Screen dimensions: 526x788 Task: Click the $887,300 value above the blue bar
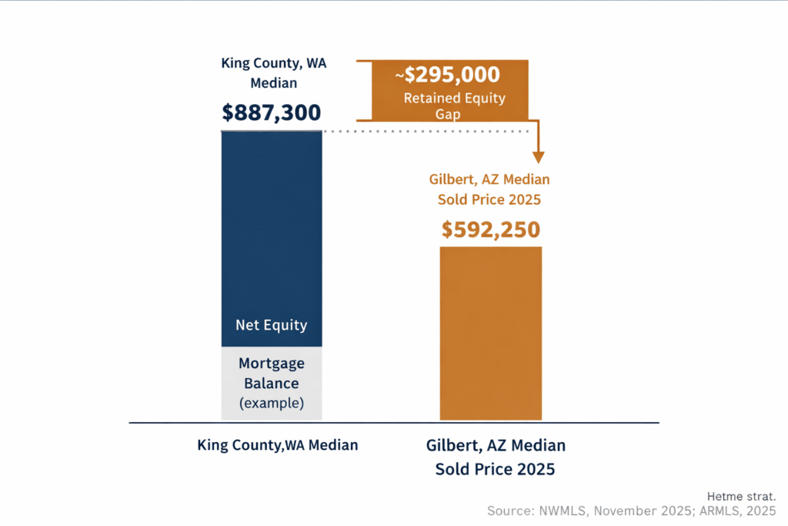click(x=271, y=112)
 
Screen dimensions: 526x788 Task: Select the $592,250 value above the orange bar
click(x=490, y=229)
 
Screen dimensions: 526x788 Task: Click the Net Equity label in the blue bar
click(x=271, y=324)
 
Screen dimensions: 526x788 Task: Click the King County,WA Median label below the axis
click(x=277, y=445)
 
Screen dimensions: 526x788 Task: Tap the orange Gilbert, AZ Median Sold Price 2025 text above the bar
click(x=489, y=189)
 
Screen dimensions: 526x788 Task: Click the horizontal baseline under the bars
click(x=393, y=423)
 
